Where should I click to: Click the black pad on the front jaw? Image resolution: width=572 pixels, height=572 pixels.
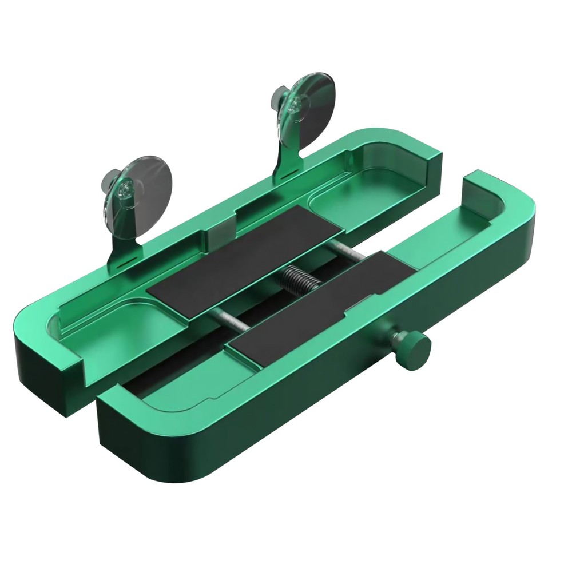(317, 306)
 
